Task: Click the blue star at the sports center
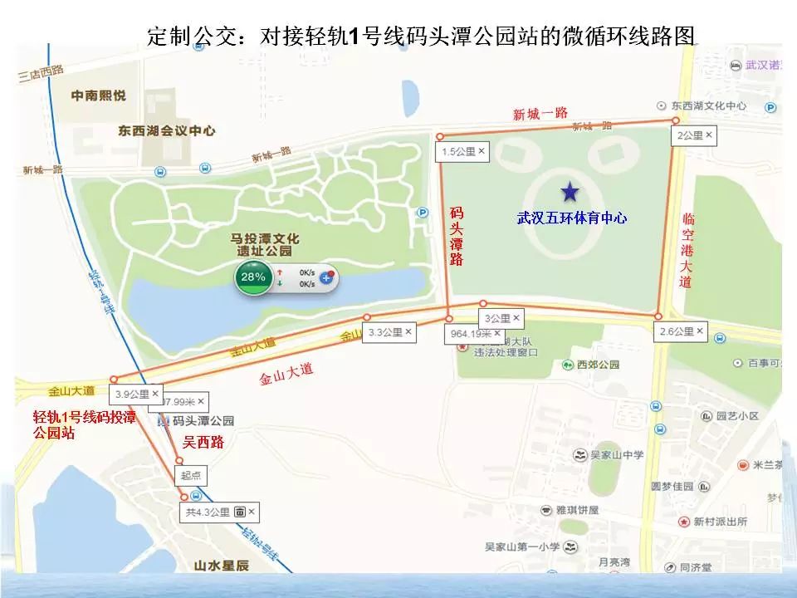click(x=570, y=193)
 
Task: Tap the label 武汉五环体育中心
click(x=571, y=218)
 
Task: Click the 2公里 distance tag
click(x=694, y=135)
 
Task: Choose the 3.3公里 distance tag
click(x=390, y=332)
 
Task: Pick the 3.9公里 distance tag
click(x=137, y=394)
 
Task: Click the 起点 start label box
click(x=190, y=476)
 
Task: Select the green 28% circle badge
click(x=252, y=277)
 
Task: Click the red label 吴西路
click(x=203, y=441)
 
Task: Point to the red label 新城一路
click(x=540, y=114)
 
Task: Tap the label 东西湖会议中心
click(x=167, y=130)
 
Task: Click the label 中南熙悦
click(x=99, y=96)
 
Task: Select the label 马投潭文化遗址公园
click(x=261, y=244)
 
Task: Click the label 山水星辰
click(x=221, y=566)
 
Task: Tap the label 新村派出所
click(x=720, y=522)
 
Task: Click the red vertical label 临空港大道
click(x=687, y=249)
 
